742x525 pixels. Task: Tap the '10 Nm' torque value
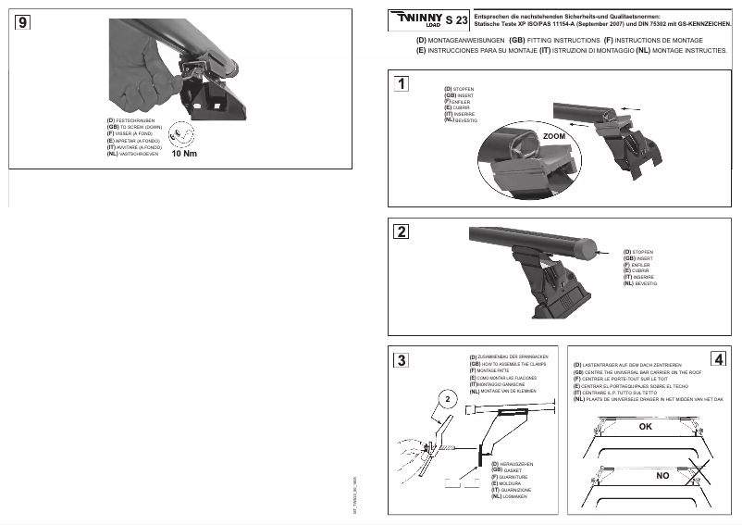pyautogui.click(x=185, y=154)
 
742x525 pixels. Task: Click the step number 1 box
pyautogui.click(x=401, y=84)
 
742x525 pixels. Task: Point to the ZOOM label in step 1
pyautogui.click(x=554, y=136)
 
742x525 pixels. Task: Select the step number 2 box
pyautogui.click(x=402, y=231)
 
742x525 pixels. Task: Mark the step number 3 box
pyautogui.click(x=401, y=360)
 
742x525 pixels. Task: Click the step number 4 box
pyautogui.click(x=719, y=358)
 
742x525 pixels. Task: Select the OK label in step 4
pyautogui.click(x=645, y=427)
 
